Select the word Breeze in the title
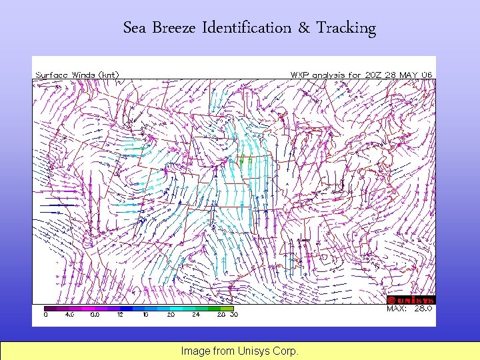(175, 28)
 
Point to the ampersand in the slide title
(303, 28)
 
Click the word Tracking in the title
(346, 28)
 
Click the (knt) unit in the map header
(109, 75)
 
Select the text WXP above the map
(298, 75)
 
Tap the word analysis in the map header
(327, 75)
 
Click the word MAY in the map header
(407, 75)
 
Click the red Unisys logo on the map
(411, 300)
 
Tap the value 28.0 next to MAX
(423, 309)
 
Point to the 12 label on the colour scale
(119, 314)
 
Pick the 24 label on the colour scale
(195, 314)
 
